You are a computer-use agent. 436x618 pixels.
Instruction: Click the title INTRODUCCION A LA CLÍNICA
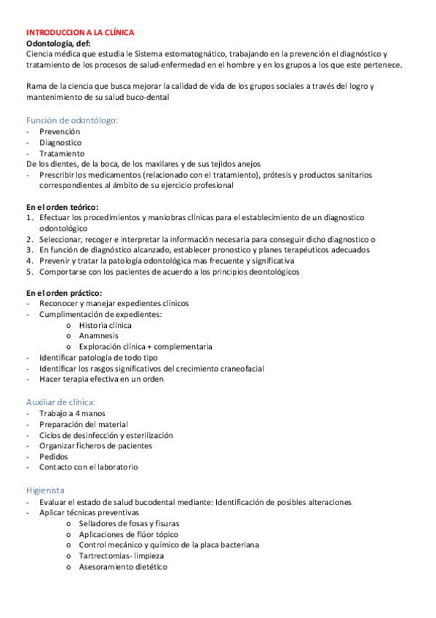(x=79, y=33)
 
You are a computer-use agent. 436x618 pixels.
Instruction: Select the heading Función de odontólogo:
(x=72, y=120)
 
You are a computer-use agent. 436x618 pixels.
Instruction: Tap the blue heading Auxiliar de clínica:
(x=60, y=402)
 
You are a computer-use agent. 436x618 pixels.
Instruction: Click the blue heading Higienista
(x=45, y=490)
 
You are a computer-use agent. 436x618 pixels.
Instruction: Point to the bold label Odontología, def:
(x=59, y=44)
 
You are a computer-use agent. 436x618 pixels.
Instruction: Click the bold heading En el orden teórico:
(x=62, y=206)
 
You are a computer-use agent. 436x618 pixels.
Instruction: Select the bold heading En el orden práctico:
(x=63, y=292)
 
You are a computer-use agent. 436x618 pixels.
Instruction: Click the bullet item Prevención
(x=60, y=132)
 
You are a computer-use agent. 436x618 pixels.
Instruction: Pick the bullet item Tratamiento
(x=62, y=154)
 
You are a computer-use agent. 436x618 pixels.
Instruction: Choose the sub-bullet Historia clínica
(x=105, y=325)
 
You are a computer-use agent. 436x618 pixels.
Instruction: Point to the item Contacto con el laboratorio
(x=88, y=467)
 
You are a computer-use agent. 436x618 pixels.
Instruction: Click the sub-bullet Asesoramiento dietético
(x=122, y=566)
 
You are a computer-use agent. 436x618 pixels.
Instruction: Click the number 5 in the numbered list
(x=30, y=272)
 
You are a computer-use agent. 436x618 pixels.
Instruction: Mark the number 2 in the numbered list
(x=30, y=239)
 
